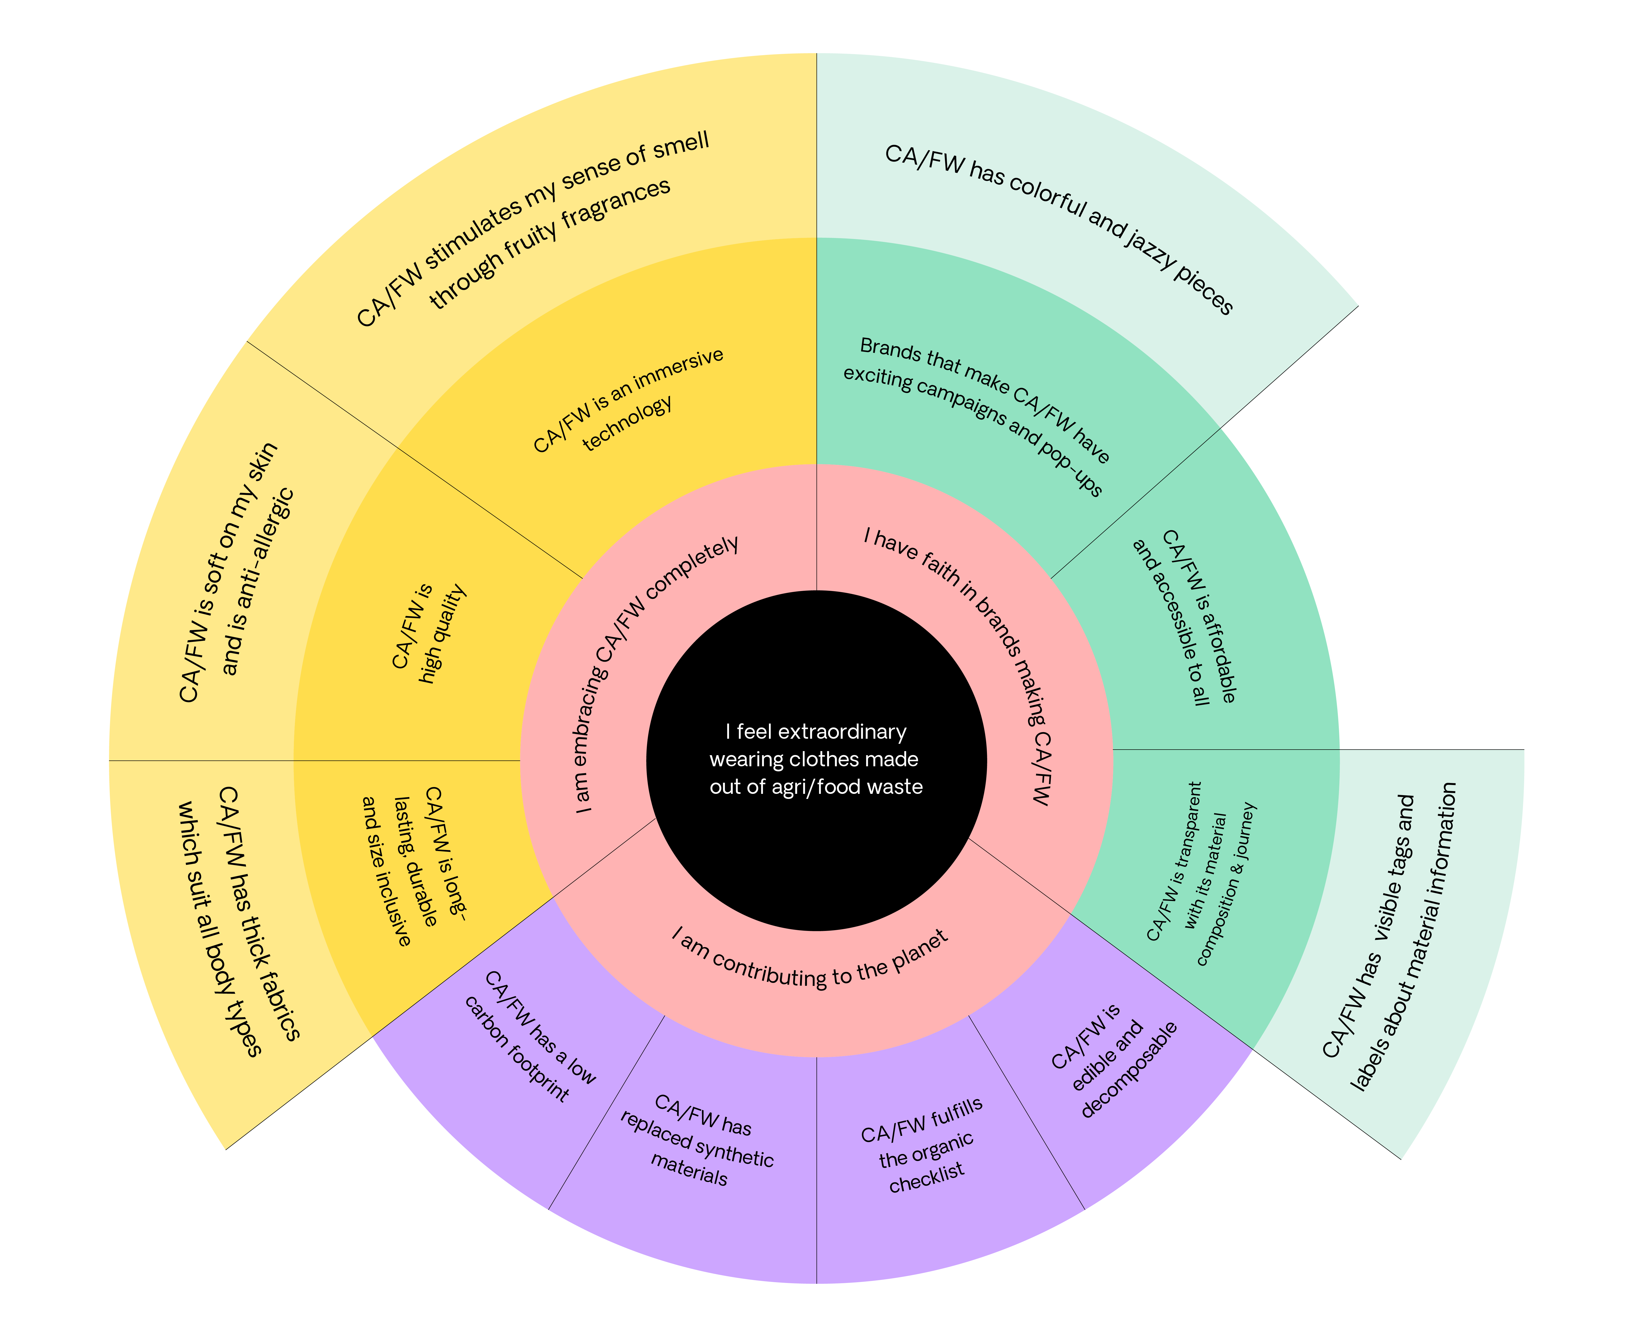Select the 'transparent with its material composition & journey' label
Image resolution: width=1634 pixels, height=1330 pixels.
tap(1203, 873)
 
